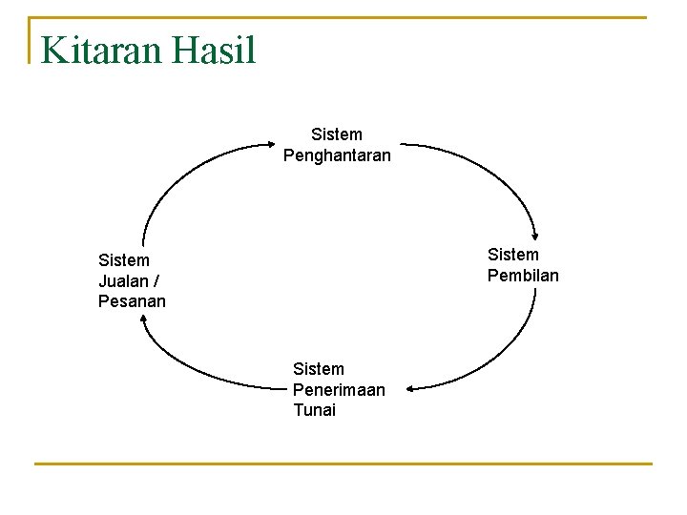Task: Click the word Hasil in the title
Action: pos(215,50)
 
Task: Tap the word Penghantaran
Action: pos(337,155)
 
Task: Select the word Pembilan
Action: pos(523,276)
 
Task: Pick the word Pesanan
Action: pos(132,301)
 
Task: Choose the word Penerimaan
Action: pos(339,390)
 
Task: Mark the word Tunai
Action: pos(315,411)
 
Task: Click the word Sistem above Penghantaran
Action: pos(337,134)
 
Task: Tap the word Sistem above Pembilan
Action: pos(513,255)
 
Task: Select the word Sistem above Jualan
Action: pos(124,259)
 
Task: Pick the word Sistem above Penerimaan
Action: pos(319,369)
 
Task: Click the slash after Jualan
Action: pos(156,280)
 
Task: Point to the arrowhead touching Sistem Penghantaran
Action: pos(270,145)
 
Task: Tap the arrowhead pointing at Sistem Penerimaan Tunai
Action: pos(407,388)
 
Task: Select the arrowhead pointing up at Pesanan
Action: pos(143,320)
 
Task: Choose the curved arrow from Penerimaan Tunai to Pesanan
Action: pos(191,370)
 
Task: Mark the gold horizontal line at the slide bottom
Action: pos(343,464)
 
